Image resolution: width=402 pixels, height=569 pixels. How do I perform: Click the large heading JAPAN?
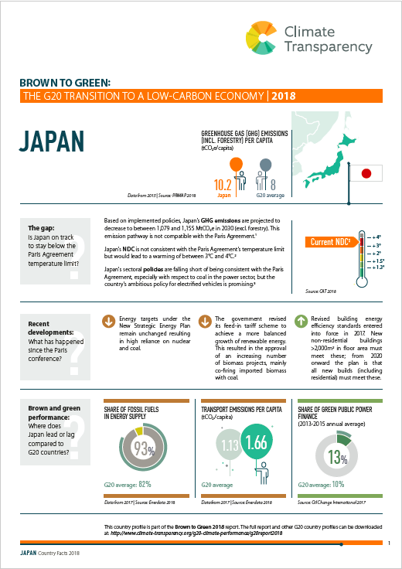tap(51, 144)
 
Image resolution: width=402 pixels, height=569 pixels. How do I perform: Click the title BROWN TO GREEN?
tap(56, 81)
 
